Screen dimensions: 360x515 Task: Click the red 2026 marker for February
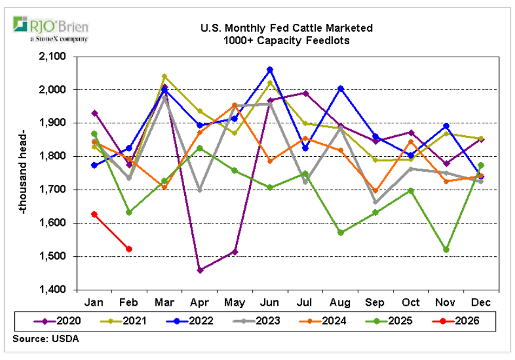[129, 249]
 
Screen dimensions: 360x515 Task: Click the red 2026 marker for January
[94, 214]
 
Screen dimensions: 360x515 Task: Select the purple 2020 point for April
[200, 270]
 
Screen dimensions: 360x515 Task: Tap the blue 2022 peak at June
[270, 70]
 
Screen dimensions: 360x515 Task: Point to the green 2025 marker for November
[446, 250]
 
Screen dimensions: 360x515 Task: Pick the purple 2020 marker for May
[235, 252]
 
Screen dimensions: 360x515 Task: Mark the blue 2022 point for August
[340, 88]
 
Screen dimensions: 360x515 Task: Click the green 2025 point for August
[340, 232]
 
